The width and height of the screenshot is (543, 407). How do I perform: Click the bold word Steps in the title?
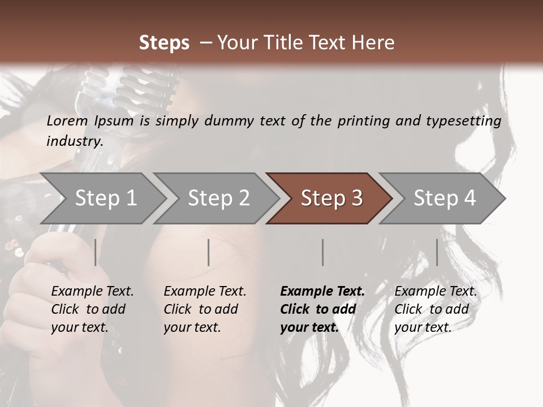[164, 43]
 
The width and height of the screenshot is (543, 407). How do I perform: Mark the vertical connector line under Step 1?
[96, 252]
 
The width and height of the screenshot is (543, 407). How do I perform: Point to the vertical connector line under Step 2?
[209, 252]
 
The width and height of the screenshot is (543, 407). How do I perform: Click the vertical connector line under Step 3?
[323, 252]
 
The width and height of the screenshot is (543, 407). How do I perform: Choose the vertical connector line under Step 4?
[437, 252]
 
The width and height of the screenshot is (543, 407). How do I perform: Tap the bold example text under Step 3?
[322, 309]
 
